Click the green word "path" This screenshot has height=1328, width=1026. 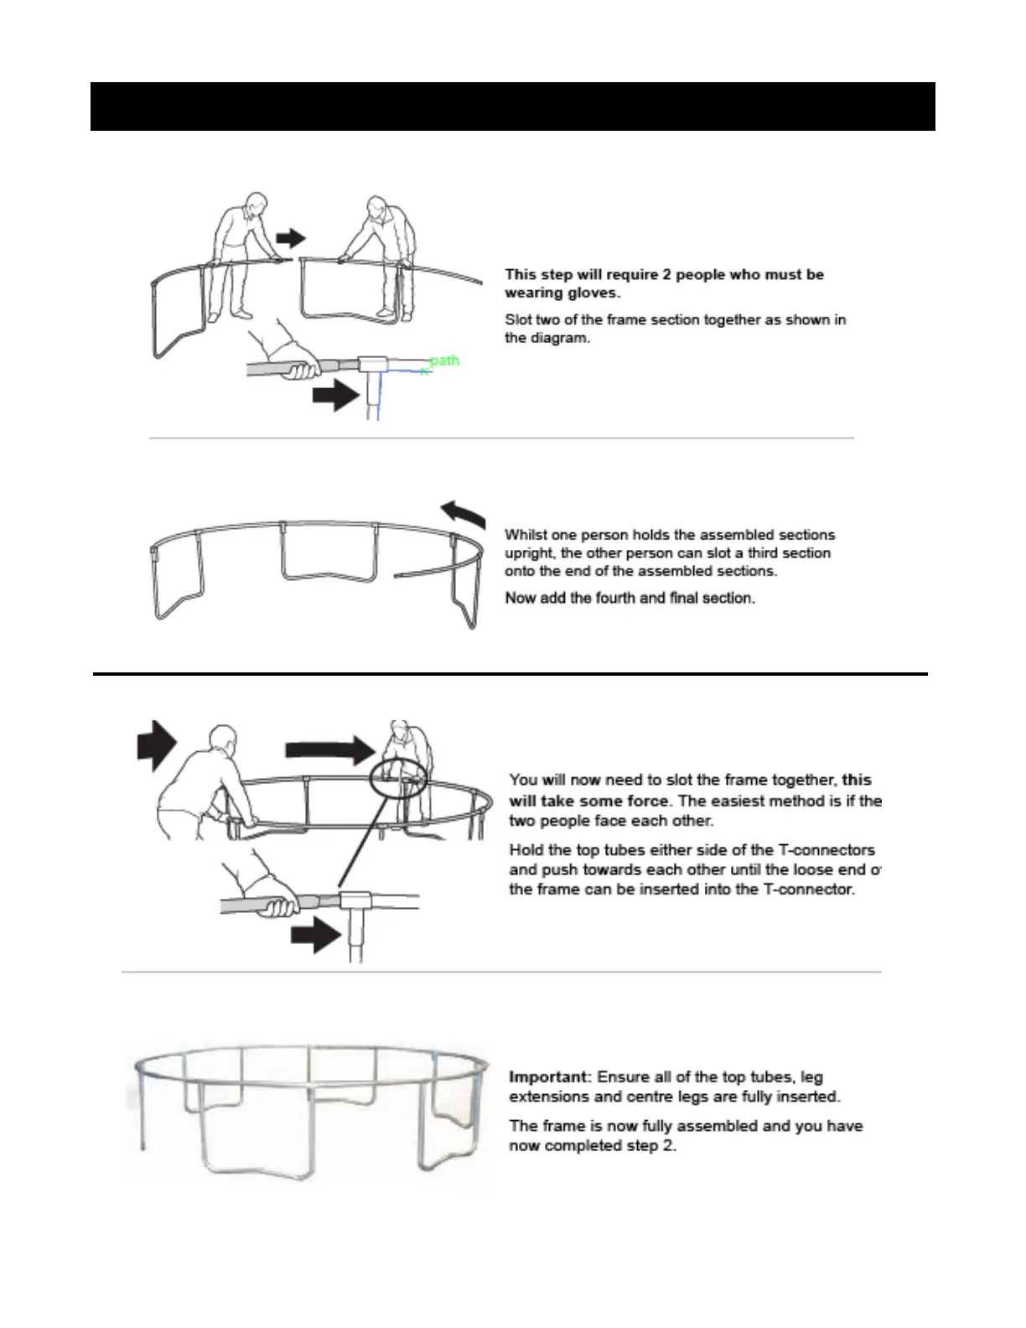(x=444, y=361)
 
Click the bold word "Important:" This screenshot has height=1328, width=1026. (x=551, y=1076)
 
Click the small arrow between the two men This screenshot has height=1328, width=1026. (x=291, y=238)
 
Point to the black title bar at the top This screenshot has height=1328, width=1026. (x=512, y=106)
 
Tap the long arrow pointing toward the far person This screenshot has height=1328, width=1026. (x=329, y=749)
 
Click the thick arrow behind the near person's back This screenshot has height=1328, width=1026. (x=156, y=744)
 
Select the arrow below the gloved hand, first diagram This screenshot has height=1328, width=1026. (x=335, y=395)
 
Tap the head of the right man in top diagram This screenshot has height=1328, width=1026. (x=376, y=206)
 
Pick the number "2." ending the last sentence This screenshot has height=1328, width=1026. (x=668, y=1145)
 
